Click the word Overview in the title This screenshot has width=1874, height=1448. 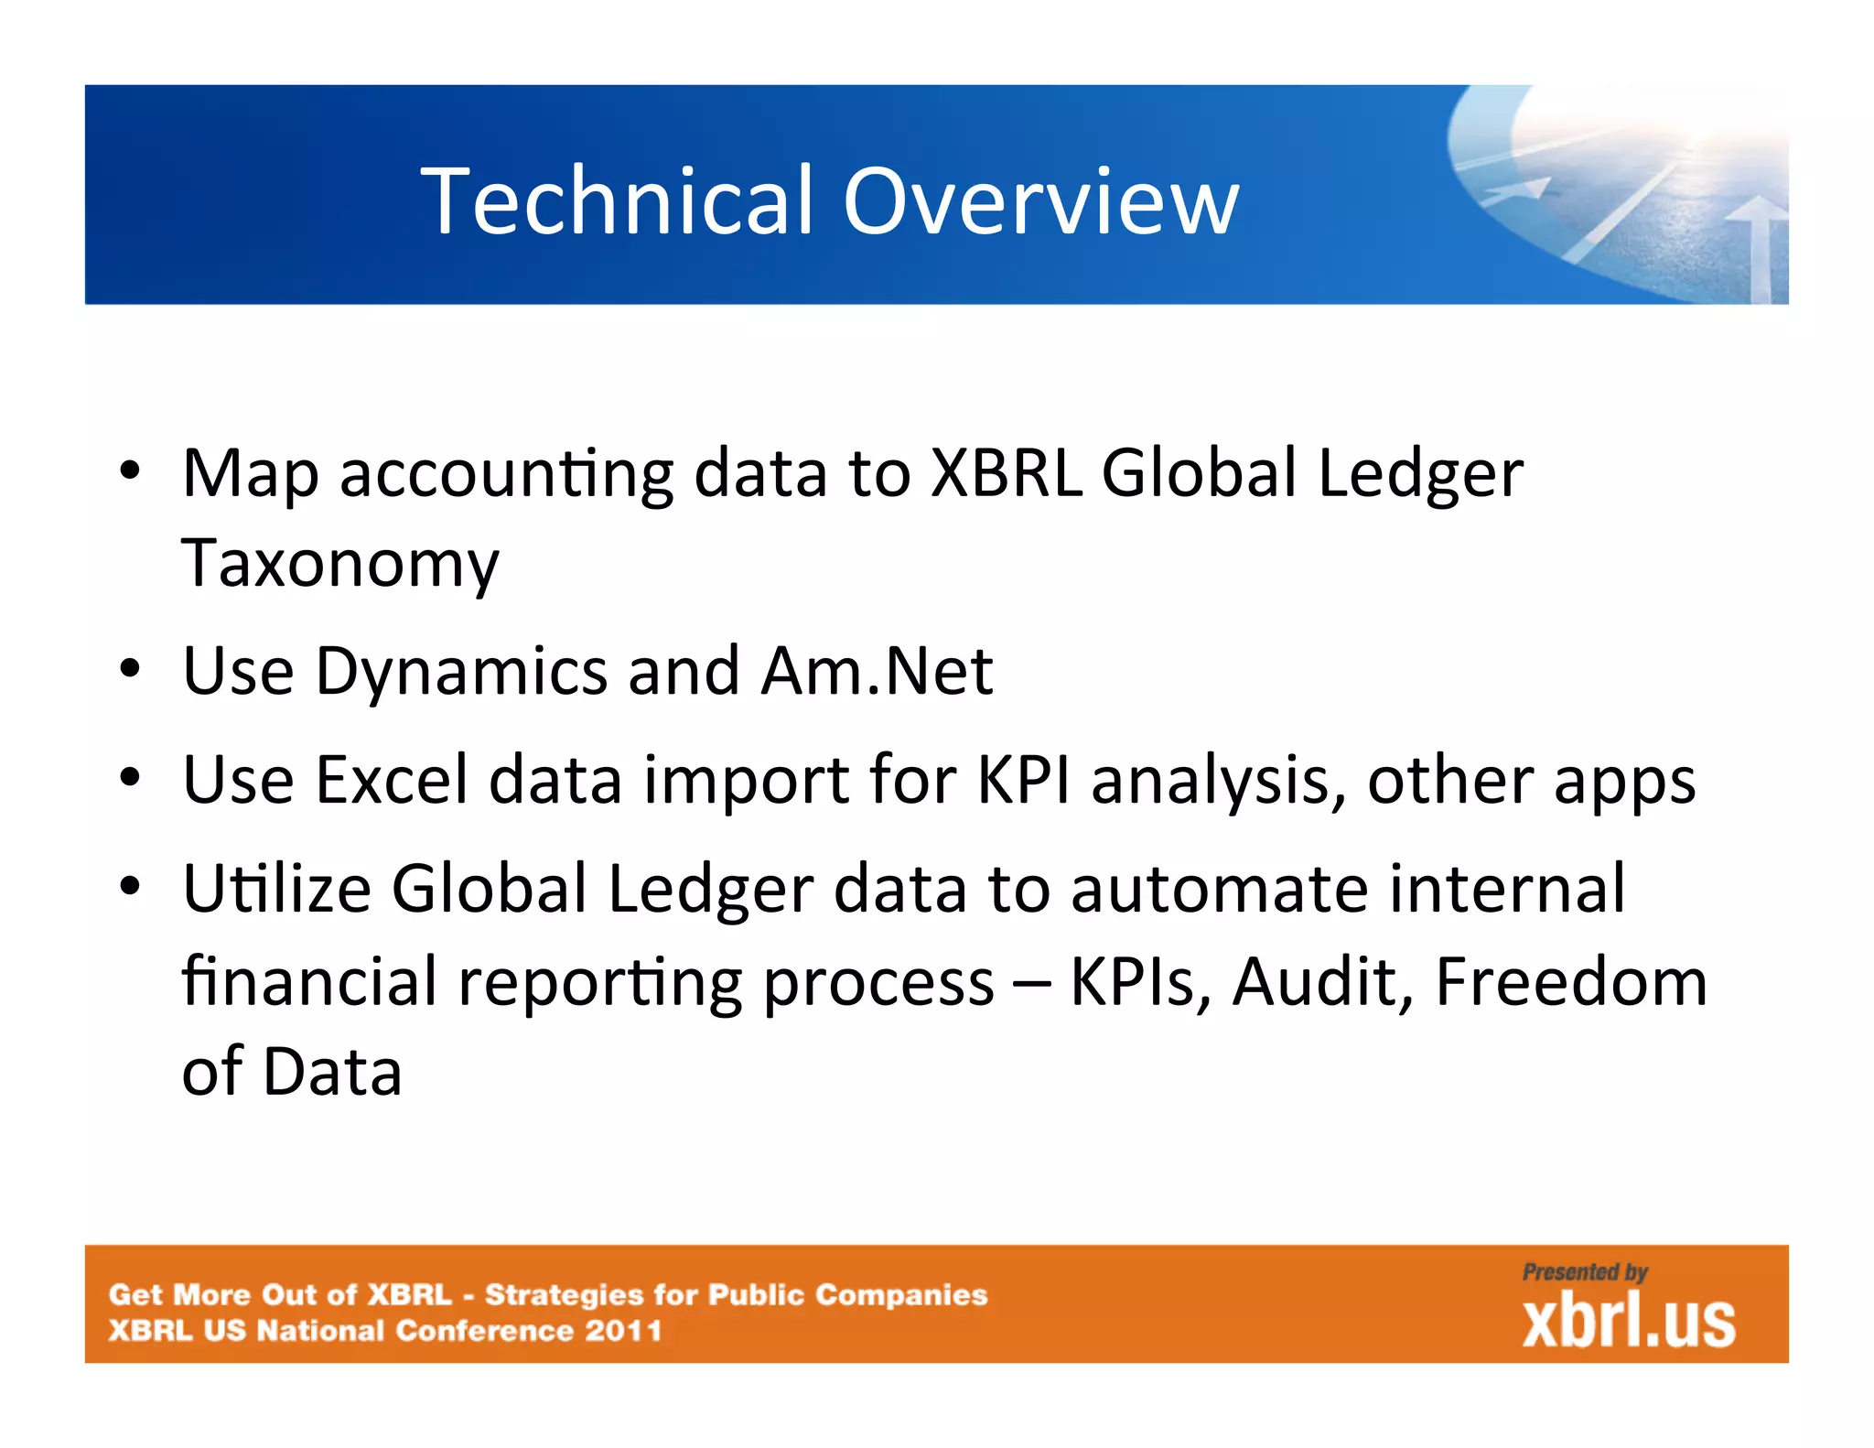tap(1040, 200)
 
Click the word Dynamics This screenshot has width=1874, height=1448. tap(461, 671)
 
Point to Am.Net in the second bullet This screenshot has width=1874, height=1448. tap(877, 671)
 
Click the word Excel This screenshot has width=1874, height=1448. tap(392, 780)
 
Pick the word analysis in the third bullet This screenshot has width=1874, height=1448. tap(1217, 780)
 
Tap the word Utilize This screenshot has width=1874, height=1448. tap(276, 889)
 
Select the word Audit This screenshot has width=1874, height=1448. tap(1322, 981)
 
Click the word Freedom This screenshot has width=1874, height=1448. tap(1570, 981)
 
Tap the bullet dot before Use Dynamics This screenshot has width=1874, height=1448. tap(131, 670)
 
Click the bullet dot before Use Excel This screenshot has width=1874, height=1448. tap(131, 779)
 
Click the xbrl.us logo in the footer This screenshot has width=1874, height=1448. tap(1628, 1323)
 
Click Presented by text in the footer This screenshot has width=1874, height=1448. tap(1584, 1272)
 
